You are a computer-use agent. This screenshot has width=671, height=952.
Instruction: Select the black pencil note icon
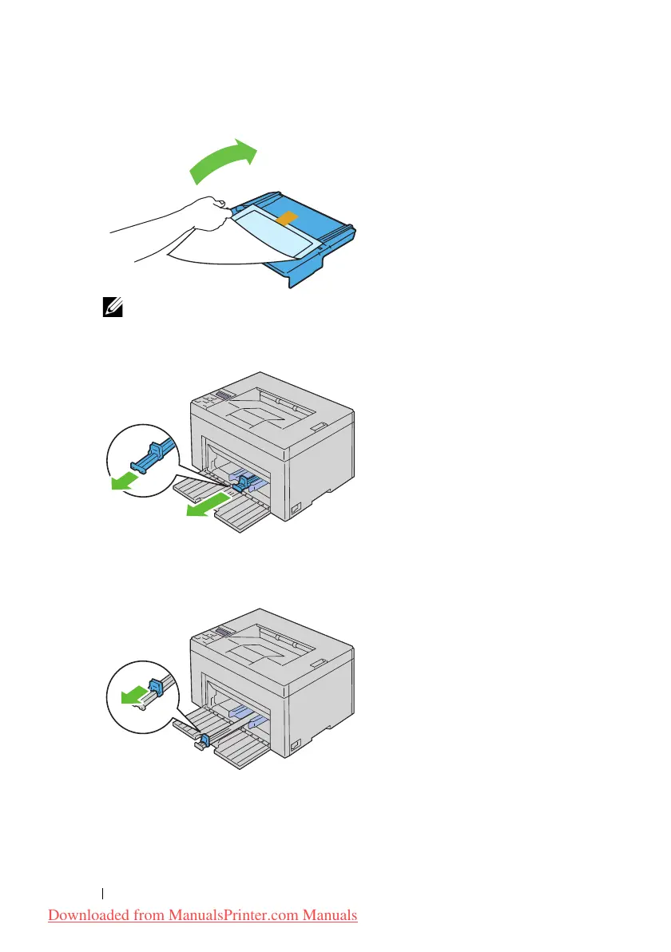[x=109, y=307]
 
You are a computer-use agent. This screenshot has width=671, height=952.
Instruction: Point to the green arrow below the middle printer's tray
[x=203, y=507]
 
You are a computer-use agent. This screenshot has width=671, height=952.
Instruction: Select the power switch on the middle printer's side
[x=296, y=507]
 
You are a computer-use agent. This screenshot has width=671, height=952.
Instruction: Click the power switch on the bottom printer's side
[x=296, y=744]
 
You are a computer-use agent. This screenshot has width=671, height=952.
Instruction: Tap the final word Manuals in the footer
[x=329, y=915]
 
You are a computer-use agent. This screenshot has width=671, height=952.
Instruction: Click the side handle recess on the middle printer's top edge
[x=319, y=427]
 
